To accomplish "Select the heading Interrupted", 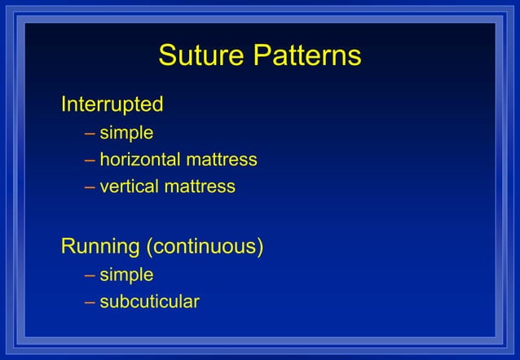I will pyautogui.click(x=112, y=104).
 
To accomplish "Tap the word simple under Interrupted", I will pyautogui.click(x=126, y=132).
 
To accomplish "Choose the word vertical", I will pyautogui.click(x=129, y=187).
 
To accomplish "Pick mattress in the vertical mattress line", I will pyautogui.click(x=200, y=187).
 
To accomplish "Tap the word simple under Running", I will pyautogui.click(x=126, y=274).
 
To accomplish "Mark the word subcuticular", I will pyautogui.click(x=149, y=301).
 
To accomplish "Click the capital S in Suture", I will pyautogui.click(x=167, y=55).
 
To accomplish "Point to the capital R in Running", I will pyautogui.click(x=68, y=246).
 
